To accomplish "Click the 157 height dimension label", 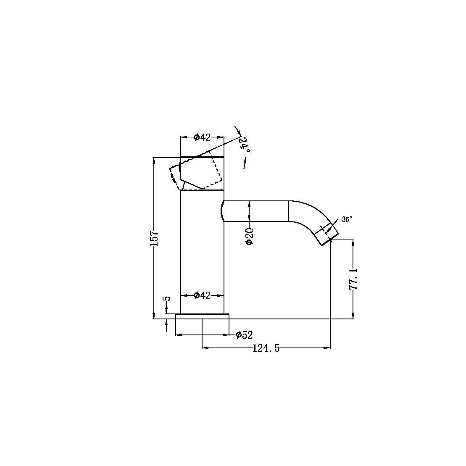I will tap(154, 238).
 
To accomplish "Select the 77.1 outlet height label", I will tap(353, 279).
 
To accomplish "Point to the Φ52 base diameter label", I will tap(244, 335).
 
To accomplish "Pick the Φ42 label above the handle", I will tap(202, 137).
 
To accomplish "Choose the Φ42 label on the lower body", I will tap(202, 296).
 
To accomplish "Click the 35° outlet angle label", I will tap(347, 219).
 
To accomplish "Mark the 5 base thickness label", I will tap(167, 299).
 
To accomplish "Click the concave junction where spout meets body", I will tap(221, 211).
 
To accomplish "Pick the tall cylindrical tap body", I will tap(202, 252).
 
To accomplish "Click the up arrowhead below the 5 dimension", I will tap(167, 322).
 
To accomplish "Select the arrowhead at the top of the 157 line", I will tap(154, 160).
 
